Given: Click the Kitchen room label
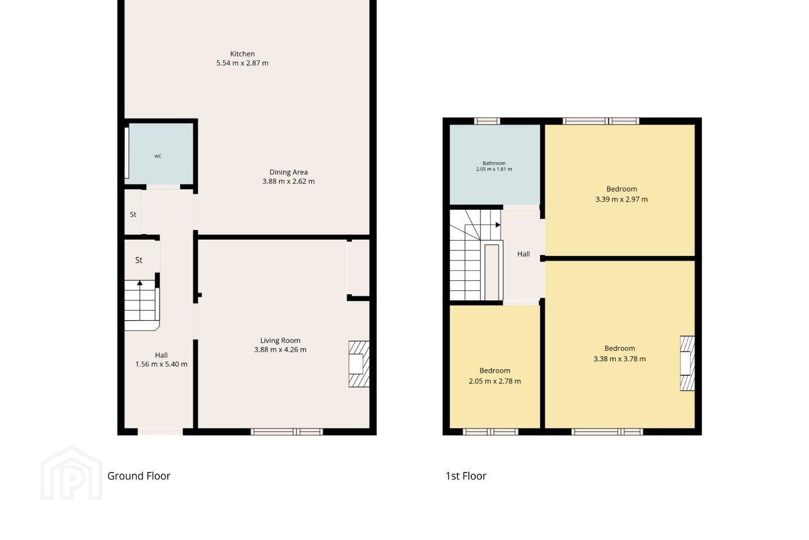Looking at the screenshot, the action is (242, 54).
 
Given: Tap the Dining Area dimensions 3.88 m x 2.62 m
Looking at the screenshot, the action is (288, 181).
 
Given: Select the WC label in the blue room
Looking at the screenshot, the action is (158, 156).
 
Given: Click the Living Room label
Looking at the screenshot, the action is (280, 340).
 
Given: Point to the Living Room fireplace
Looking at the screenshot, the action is (359, 364).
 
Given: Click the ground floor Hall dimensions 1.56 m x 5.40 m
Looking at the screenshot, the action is (161, 364).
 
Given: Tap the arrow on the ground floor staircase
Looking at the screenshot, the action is (140, 283).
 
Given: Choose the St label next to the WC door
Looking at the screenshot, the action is (133, 214).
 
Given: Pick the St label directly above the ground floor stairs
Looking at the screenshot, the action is (139, 260).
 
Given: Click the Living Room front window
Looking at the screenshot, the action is (287, 431).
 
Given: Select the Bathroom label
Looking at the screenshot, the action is (494, 163).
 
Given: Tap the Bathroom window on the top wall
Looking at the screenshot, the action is (487, 121).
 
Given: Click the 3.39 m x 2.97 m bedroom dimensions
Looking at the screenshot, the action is (621, 199).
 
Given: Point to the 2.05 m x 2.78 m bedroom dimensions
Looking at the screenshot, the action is (495, 381).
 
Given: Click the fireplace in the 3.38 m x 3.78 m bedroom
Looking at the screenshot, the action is (687, 363).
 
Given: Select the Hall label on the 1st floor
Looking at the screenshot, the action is (524, 254).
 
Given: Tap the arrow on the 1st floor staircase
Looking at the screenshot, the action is (498, 225).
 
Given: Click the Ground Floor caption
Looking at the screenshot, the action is (139, 476).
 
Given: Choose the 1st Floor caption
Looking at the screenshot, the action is (466, 476).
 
